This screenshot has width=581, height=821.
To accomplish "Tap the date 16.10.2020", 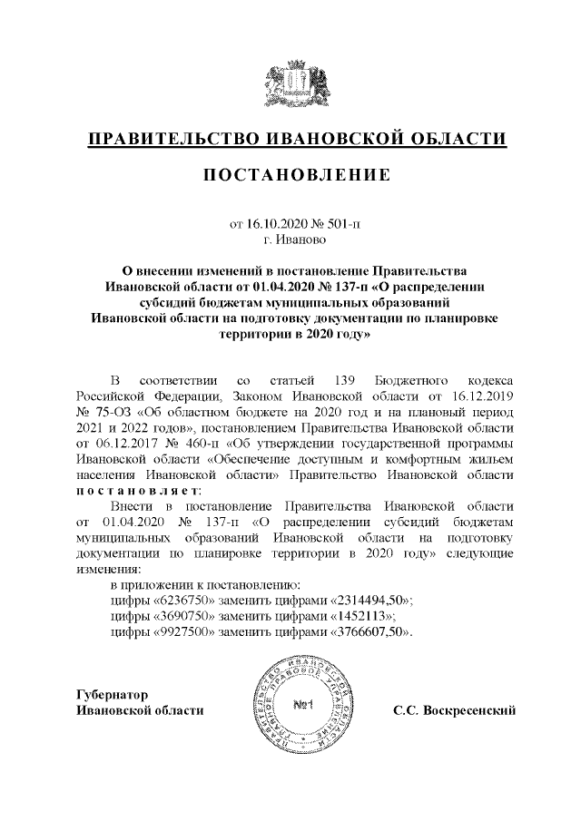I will pyautogui.click(x=274, y=223).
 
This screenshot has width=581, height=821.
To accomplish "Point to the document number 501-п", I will pyautogui.click(x=340, y=223).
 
